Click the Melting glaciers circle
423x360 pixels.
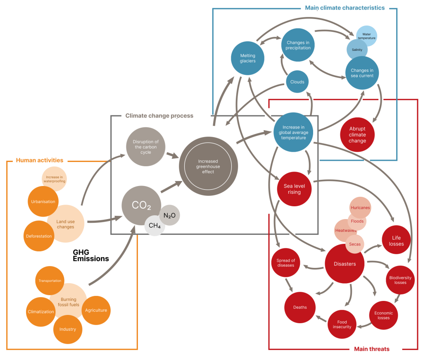coord(247,58)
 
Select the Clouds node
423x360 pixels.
coord(297,82)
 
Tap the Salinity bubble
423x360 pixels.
coord(357,50)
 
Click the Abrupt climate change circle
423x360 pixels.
coord(357,135)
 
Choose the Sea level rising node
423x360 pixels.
coord(294,189)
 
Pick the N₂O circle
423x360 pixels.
coord(169,215)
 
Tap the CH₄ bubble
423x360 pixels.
coord(154,226)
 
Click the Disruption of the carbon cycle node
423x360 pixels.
coord(145,147)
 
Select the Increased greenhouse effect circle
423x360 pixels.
coord(208,166)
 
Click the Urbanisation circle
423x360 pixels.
coord(43,201)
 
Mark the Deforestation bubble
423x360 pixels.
coord(38,236)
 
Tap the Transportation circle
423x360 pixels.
coord(50,281)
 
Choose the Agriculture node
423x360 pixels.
coord(96,310)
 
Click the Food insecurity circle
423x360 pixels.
coord(342,324)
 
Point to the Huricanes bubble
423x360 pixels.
coord(360,207)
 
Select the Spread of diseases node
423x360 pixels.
coord(285,263)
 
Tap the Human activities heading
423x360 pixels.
coord(40,160)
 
